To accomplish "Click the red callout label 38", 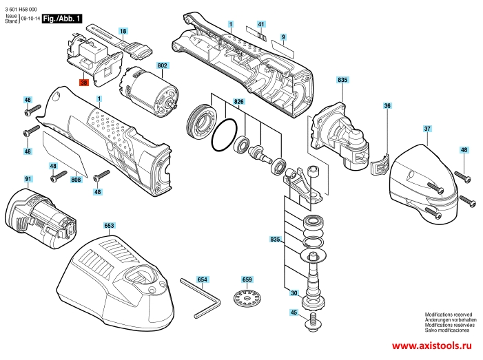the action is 84,83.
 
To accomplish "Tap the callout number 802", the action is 163,65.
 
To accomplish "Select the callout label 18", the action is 123,31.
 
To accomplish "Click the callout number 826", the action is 238,102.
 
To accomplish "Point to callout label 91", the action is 28,179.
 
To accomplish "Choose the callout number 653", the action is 109,226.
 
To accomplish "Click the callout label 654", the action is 202,279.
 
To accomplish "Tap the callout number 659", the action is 247,279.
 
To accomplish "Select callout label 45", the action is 294,313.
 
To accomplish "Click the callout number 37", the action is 427,129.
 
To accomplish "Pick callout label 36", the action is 387,105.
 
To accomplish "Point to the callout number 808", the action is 76,180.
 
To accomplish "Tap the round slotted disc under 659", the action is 246,299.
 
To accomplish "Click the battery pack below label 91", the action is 40,218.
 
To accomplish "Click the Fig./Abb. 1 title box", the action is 62,19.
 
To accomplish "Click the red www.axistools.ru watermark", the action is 431,346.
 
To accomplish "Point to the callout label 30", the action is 294,293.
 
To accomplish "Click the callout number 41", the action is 261,24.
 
